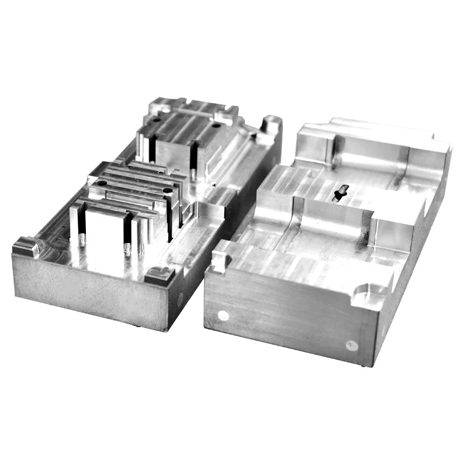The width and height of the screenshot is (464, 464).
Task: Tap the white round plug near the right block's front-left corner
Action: (x=222, y=315)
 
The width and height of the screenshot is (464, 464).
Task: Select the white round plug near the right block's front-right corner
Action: (x=351, y=345)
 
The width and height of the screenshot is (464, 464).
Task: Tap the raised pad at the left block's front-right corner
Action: (x=158, y=274)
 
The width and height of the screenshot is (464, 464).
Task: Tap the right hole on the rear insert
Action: (x=216, y=125)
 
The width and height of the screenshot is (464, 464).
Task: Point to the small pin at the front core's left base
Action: (x=82, y=240)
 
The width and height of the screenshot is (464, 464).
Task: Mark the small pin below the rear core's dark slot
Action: (x=191, y=173)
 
